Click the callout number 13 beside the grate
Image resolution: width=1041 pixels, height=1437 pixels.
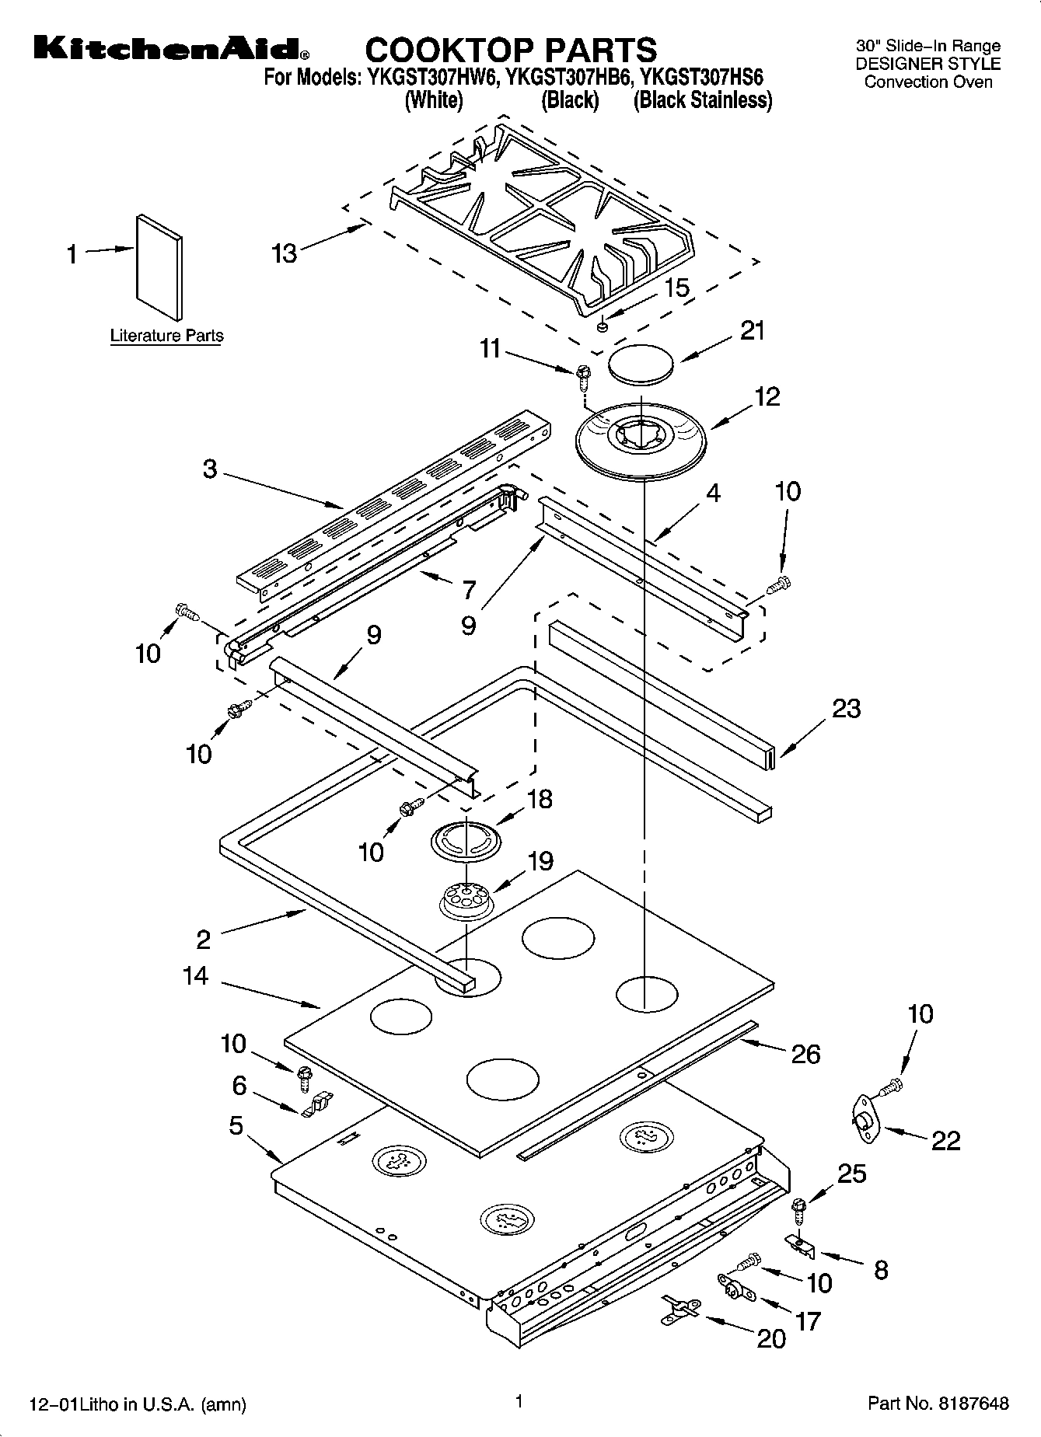[x=285, y=253]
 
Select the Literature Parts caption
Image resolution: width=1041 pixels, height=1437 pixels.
[x=166, y=336]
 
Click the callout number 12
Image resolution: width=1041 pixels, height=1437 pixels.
[x=767, y=396]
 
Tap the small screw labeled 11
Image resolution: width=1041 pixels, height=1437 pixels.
[x=583, y=375]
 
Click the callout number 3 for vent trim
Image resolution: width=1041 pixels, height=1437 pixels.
[x=210, y=470]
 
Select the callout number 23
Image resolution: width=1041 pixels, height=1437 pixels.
[x=846, y=709]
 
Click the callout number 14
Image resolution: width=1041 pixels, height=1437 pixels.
[x=195, y=975]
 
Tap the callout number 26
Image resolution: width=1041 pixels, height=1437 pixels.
[x=805, y=1054]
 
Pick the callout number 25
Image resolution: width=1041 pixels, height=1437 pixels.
[x=851, y=1173]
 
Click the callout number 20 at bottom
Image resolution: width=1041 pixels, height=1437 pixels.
[x=770, y=1339]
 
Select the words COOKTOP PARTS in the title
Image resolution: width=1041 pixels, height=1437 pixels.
[x=511, y=50]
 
